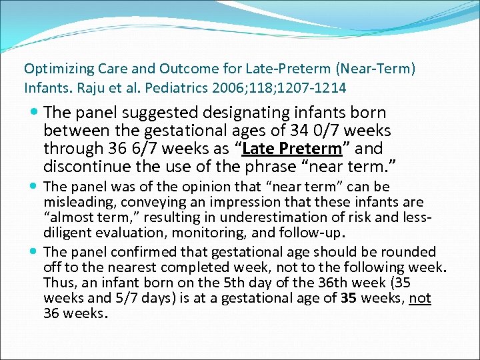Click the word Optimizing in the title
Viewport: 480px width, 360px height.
[52, 69]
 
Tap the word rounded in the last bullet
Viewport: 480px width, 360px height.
[413, 252]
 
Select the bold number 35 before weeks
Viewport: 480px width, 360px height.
[348, 298]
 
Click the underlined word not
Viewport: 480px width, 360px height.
[420, 298]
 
